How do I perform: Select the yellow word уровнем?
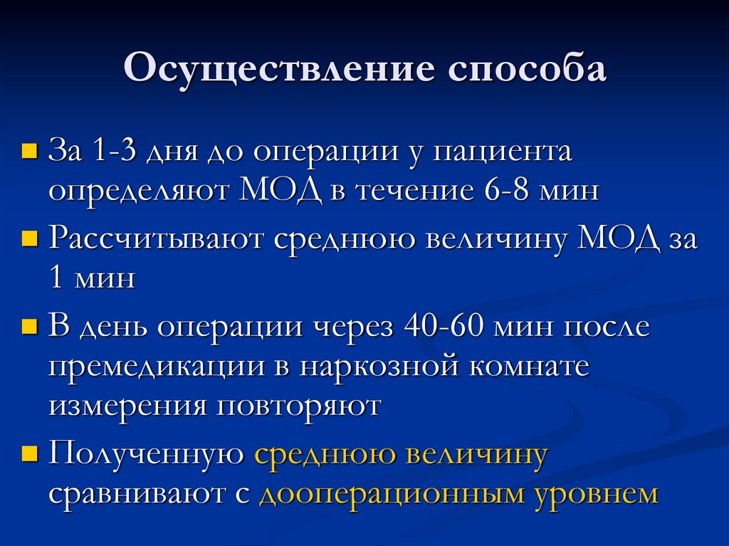(x=597, y=494)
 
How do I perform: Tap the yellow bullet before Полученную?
(x=30, y=453)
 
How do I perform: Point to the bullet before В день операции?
(x=30, y=327)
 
